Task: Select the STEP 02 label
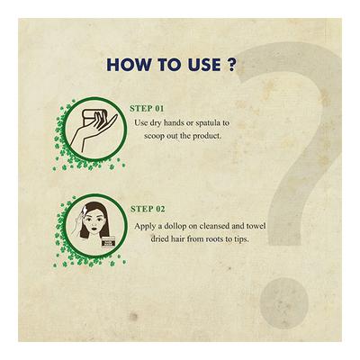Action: (148, 208)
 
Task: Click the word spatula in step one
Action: (212, 121)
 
